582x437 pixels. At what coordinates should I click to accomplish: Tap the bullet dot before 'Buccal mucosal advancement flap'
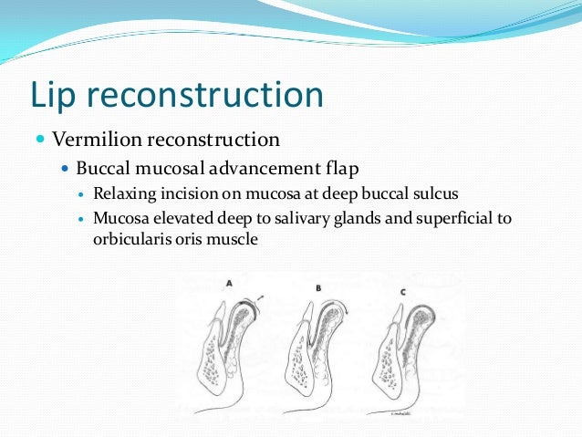[64, 169]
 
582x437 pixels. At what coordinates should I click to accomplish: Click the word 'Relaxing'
[122, 195]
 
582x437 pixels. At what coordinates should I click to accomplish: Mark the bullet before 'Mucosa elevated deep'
[81, 220]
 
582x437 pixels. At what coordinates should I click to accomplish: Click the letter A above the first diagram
[229, 284]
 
